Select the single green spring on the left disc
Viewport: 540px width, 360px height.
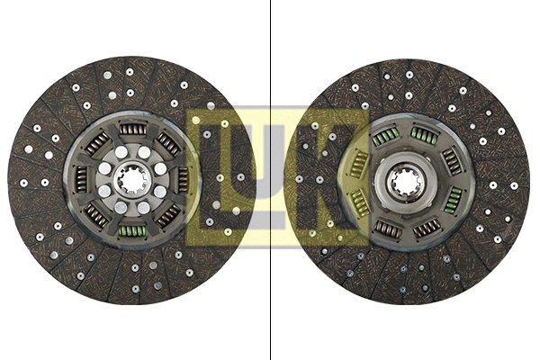point(132,231)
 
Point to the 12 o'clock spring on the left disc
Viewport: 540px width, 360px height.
point(132,130)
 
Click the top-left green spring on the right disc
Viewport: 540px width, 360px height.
point(385,137)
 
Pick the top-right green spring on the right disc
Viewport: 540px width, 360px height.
point(424,134)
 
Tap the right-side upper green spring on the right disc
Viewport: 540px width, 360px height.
point(451,162)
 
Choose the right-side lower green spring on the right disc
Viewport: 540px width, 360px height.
point(453,200)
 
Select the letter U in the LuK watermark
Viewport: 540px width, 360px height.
point(270,176)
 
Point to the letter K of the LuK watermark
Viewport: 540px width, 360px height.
point(333,176)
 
